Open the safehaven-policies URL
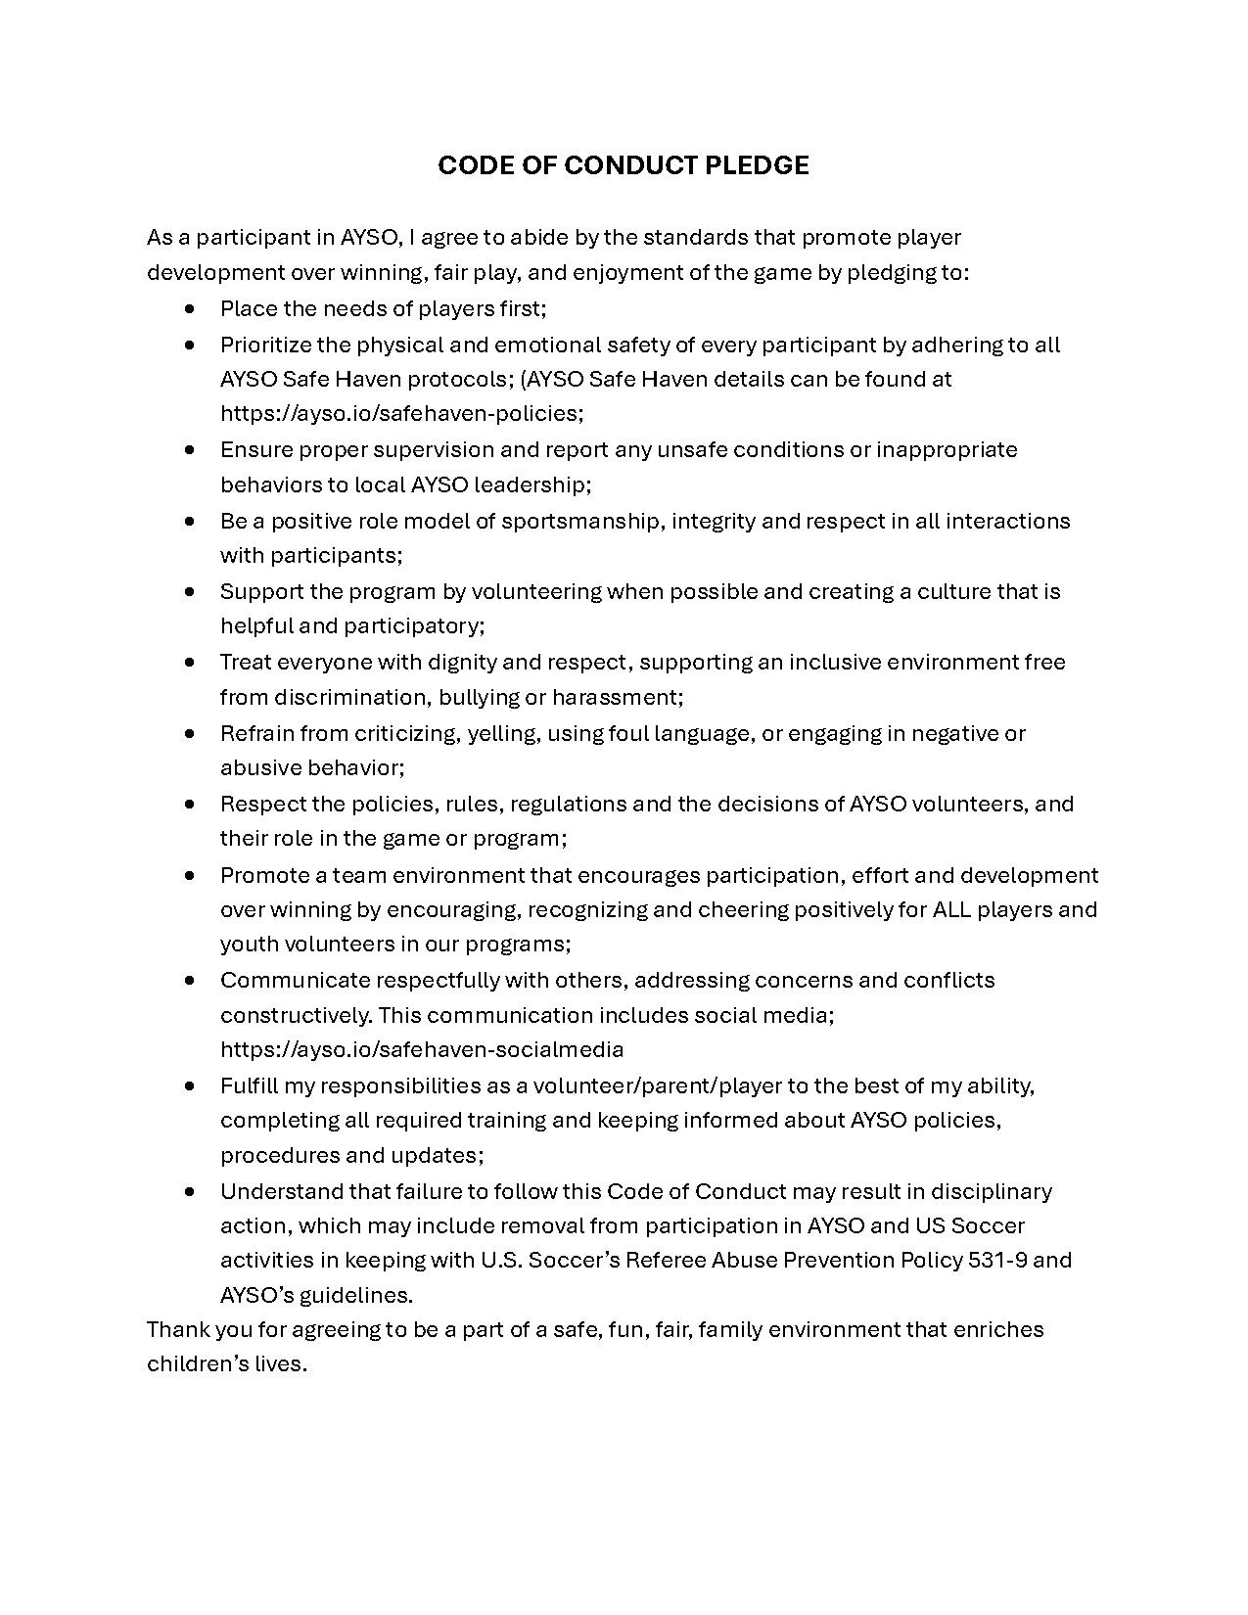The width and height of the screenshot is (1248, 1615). click(401, 413)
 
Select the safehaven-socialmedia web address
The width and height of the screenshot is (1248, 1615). click(422, 1049)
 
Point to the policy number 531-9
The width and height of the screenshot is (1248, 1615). click(997, 1260)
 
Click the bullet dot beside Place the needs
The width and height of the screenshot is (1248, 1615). click(190, 308)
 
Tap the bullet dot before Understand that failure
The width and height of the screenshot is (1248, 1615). click(190, 1191)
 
